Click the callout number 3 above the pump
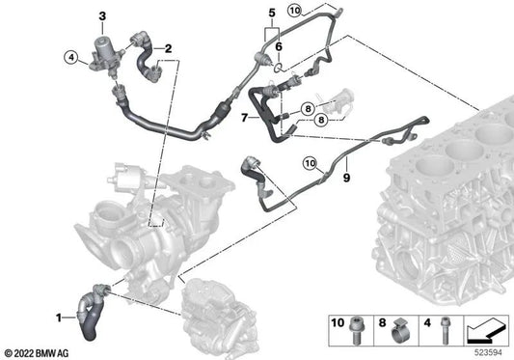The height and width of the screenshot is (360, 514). pos(102,16)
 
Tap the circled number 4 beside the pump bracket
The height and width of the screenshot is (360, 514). pos(71,58)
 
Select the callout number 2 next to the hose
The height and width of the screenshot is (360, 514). pos(168,49)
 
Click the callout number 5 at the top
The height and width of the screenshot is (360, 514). pos(272,14)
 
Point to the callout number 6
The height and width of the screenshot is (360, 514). pos(279,46)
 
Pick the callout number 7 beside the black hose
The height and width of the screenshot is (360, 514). pos(244,118)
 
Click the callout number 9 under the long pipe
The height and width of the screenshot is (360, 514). pos(346,178)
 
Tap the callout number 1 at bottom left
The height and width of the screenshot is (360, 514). pos(59,318)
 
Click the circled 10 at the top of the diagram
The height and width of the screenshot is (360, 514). pos(295,11)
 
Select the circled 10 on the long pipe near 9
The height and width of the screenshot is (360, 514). pos(311,163)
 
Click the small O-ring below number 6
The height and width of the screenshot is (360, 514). pos(278,68)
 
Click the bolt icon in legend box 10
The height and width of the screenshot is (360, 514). pos(355,330)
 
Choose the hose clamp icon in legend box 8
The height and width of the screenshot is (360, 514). pos(400,331)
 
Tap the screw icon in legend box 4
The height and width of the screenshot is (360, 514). pos(445,330)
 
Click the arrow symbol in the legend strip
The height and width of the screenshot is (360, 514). pos(486,329)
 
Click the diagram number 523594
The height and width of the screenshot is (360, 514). pos(488,353)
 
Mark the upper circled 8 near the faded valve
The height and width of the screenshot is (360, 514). pos(308,109)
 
